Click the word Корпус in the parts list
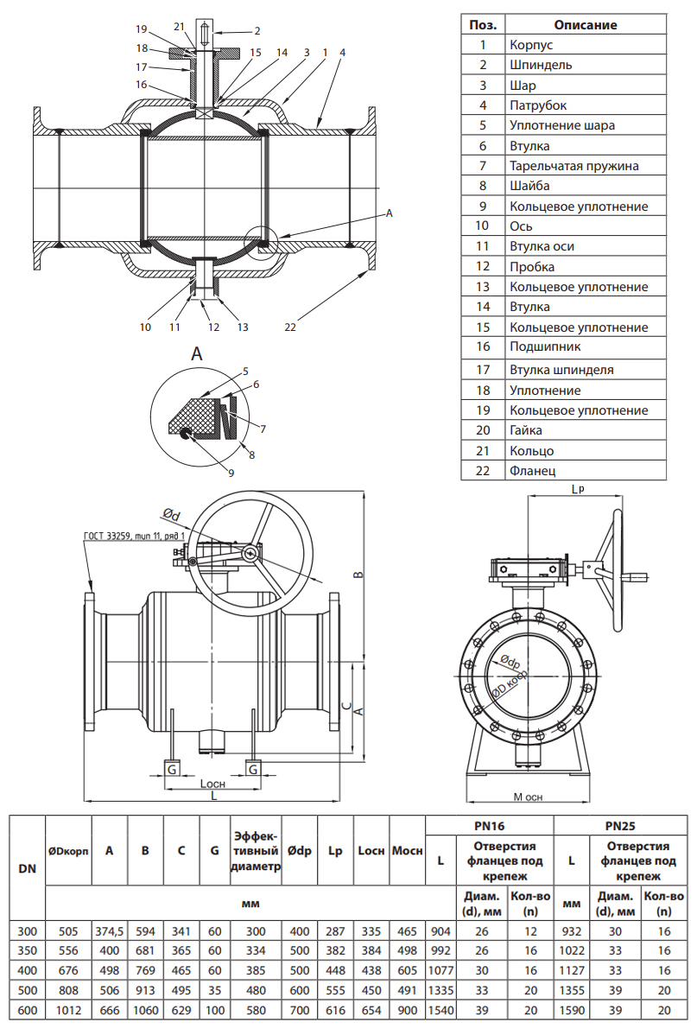click(x=530, y=44)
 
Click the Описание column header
click(x=585, y=24)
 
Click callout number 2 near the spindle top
click(x=232, y=31)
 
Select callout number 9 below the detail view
click(x=231, y=472)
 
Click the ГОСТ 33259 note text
click(x=134, y=536)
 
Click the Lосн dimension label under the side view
click(x=212, y=784)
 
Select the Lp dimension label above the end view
click(x=578, y=489)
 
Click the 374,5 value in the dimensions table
click(x=110, y=931)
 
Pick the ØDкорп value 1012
click(x=68, y=1010)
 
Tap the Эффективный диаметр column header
click(x=256, y=851)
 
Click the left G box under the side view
click(x=172, y=768)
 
